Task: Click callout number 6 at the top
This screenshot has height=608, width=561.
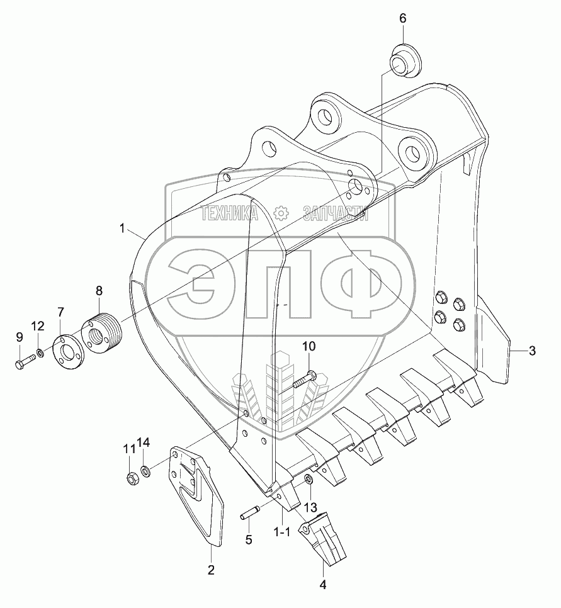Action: [403, 18]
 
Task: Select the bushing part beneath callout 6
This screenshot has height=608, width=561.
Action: [406, 60]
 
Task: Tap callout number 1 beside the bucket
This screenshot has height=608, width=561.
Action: [122, 228]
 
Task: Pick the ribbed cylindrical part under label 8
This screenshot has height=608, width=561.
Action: [101, 332]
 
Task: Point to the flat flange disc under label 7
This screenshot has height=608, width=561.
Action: [67, 352]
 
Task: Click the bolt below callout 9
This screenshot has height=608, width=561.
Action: [25, 362]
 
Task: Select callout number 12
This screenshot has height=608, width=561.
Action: [38, 327]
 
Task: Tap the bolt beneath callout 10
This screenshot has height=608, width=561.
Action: [305, 380]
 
